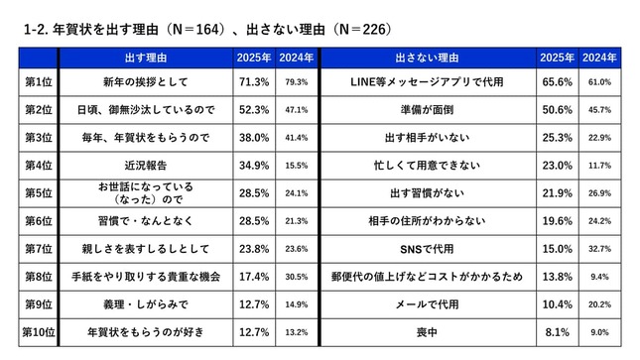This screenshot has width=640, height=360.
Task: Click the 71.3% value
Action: point(253,81)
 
